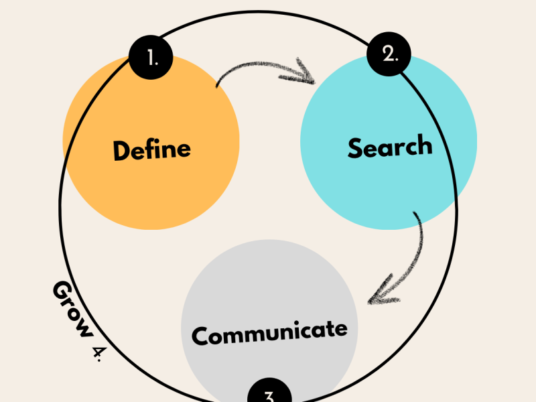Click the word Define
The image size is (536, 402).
[x=151, y=149]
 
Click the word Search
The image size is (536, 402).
[x=389, y=147]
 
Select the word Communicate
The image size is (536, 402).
[x=269, y=332]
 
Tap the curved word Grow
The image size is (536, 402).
[x=72, y=309]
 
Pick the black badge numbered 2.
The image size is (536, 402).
[x=390, y=54]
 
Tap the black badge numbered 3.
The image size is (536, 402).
[x=269, y=394]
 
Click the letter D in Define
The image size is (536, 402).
[x=121, y=150]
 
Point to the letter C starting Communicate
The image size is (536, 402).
[x=200, y=335]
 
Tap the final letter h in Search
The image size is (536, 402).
[x=423, y=145]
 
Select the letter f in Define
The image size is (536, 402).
[x=148, y=148]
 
